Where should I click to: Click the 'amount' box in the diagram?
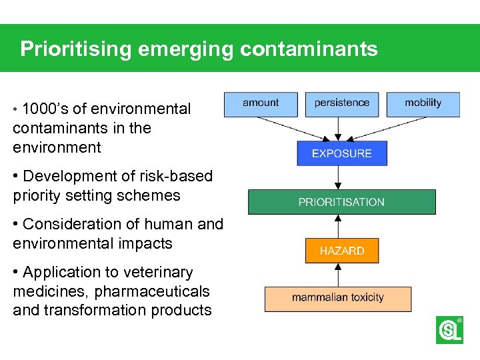click(x=261, y=103)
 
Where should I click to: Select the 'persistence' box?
click(x=342, y=103)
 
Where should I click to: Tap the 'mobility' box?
click(x=423, y=103)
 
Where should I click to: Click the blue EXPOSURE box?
click(x=341, y=153)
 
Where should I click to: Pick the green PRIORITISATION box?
click(x=341, y=202)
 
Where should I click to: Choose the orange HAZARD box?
click(x=341, y=251)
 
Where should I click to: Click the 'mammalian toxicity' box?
click(x=337, y=298)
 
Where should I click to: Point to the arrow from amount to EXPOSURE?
click(x=293, y=129)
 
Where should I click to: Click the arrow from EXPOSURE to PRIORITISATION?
click(x=339, y=177)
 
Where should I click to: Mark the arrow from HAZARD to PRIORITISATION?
click(x=339, y=226)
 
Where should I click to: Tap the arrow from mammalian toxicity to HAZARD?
click(x=339, y=275)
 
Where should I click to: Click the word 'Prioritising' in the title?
click(x=72, y=49)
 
